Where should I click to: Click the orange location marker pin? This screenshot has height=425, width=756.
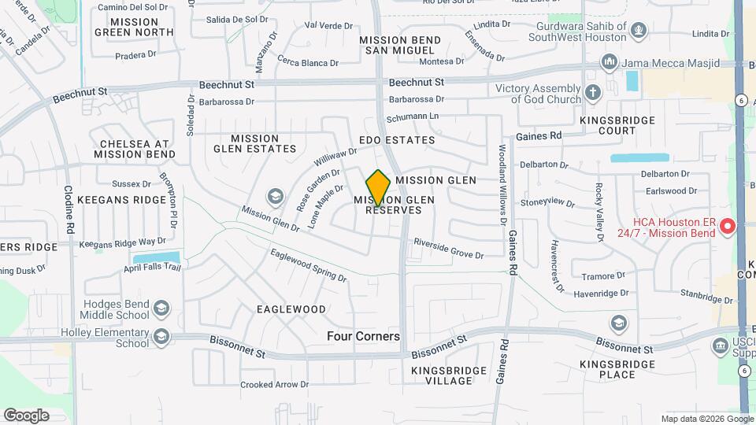tap(378, 187)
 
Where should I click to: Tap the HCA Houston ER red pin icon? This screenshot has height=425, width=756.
tap(727, 227)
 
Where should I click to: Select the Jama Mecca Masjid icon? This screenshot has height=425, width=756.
tap(608, 62)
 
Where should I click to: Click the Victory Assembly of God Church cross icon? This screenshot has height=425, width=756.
tap(593, 93)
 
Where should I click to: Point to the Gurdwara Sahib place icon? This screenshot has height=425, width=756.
tap(639, 31)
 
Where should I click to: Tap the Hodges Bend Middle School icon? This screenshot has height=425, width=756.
tap(161, 308)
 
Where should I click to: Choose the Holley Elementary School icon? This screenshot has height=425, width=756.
tap(161, 337)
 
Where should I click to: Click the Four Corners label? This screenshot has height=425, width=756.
tap(363, 336)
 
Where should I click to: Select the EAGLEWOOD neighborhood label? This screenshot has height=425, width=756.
tap(291, 309)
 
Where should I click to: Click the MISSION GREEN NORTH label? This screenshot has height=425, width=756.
tap(134, 27)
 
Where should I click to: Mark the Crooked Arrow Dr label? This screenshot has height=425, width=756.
tap(274, 385)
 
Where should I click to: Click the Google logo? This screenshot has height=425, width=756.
tap(26, 415)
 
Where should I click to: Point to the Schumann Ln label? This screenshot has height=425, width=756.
tap(411, 116)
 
